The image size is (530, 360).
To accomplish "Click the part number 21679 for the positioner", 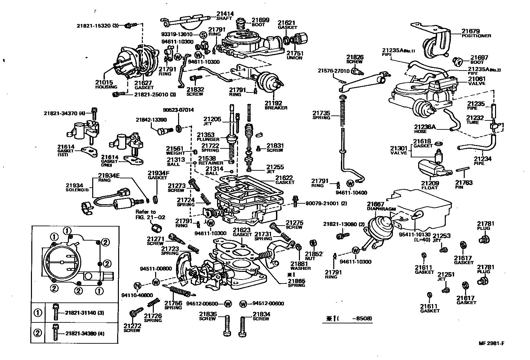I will (470, 31).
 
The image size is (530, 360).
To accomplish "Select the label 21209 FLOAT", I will (430, 185).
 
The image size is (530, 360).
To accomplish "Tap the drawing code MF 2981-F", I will (489, 344).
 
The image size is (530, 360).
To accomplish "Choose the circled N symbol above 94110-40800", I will (137, 285).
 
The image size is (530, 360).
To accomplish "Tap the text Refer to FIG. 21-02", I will (145, 214).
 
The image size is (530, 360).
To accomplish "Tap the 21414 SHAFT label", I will (225, 16).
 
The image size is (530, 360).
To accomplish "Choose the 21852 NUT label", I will (313, 256).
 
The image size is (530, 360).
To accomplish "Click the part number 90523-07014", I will (178, 110).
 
